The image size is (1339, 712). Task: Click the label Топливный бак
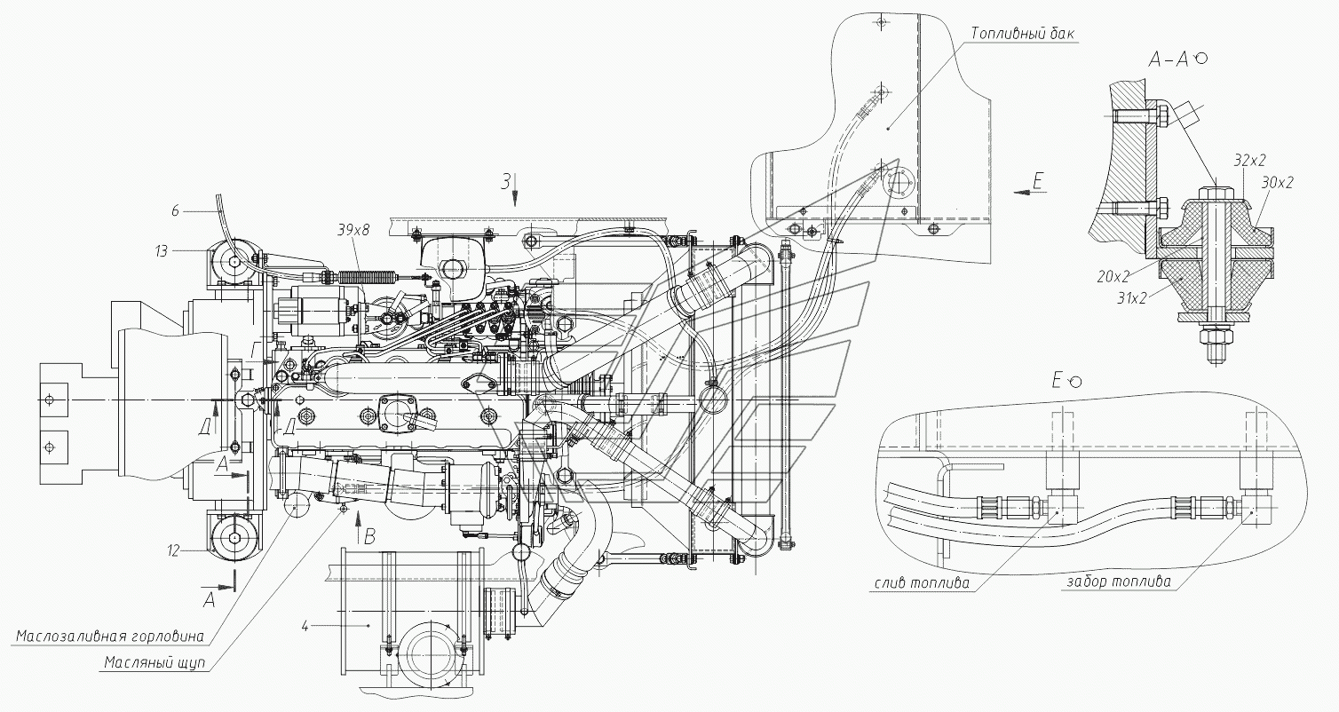(x=1022, y=33)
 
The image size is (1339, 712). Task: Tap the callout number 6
(x=175, y=211)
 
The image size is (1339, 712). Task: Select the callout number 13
(x=162, y=251)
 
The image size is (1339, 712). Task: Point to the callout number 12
(x=173, y=550)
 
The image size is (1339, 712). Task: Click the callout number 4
(x=305, y=627)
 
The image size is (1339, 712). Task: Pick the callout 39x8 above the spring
(x=353, y=231)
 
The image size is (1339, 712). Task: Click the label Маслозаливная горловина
(x=110, y=636)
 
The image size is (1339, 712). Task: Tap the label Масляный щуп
(x=154, y=663)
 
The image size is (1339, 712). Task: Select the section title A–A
(x=1169, y=59)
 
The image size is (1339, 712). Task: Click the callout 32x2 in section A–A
(x=1250, y=160)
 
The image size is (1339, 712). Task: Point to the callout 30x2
(x=1278, y=182)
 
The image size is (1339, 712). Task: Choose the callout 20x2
(x=1113, y=276)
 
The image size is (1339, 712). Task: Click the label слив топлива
(x=922, y=583)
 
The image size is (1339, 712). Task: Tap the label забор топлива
(x=1119, y=581)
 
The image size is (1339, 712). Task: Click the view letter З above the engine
(x=506, y=181)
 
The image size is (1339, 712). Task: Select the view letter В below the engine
(x=369, y=537)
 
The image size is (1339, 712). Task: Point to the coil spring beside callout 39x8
(x=368, y=277)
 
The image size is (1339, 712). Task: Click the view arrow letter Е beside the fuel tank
(x=1038, y=180)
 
